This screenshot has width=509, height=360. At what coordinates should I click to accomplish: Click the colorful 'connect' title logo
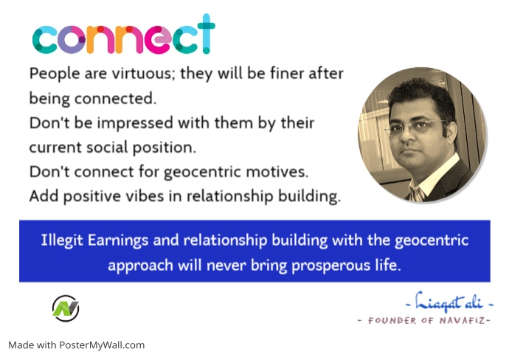123,37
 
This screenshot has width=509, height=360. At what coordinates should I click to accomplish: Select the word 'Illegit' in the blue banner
63,240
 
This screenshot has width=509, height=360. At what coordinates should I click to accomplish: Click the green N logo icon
66,308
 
